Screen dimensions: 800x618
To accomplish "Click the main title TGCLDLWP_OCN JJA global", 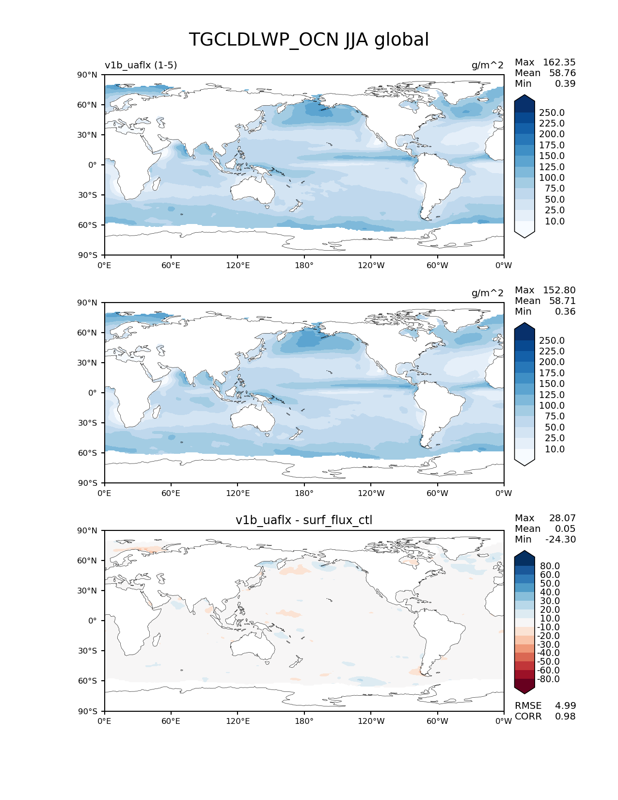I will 309,40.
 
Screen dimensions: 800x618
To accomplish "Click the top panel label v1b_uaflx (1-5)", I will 141,65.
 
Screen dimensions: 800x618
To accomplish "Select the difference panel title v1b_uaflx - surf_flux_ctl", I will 304,520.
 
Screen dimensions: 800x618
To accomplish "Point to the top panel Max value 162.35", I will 559,63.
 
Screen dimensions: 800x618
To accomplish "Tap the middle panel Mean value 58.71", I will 562,301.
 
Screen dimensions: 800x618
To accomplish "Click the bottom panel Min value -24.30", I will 560,540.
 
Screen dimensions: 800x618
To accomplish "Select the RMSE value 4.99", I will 565,706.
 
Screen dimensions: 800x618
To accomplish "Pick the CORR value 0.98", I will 565,717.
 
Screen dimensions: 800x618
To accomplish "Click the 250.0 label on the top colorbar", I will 552,113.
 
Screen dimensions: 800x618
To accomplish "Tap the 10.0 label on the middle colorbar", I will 555,449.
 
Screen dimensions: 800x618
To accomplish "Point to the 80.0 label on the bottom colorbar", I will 550,566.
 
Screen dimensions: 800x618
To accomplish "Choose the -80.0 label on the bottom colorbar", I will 548,679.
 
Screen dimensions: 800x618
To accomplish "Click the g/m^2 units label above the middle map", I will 487,293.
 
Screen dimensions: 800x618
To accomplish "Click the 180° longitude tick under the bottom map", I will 304,721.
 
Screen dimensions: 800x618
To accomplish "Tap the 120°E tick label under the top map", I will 238,266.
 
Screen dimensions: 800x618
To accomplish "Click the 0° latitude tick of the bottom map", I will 92,621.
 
